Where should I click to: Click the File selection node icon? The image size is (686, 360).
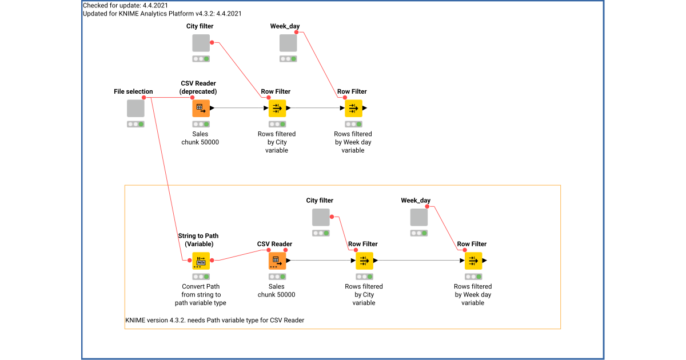click(x=135, y=108)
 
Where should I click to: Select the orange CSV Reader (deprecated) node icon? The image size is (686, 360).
click(x=201, y=108)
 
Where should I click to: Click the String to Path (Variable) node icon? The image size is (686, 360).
click(x=201, y=261)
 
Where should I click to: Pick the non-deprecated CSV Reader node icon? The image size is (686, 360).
click(x=277, y=261)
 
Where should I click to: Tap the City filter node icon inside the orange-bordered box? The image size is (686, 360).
click(x=321, y=217)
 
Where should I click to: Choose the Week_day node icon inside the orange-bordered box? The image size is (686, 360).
click(x=419, y=217)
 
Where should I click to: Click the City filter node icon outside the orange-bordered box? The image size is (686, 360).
click(x=201, y=43)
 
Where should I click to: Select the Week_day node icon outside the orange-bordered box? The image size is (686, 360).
click(x=288, y=43)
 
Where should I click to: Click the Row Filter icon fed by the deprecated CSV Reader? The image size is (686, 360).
click(x=277, y=108)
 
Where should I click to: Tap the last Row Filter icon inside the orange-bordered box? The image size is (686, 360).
click(x=473, y=261)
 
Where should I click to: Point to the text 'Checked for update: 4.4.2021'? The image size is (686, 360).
click(x=117, y=6)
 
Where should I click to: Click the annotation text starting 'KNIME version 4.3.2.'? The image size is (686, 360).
click(x=214, y=321)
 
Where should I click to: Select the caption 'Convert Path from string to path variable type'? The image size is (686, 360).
click(x=201, y=295)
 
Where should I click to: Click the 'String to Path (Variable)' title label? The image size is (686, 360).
click(x=198, y=239)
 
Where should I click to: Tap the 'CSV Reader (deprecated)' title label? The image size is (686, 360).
click(x=198, y=87)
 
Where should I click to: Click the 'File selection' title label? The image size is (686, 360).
click(x=133, y=91)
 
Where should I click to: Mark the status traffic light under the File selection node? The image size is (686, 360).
click(x=135, y=124)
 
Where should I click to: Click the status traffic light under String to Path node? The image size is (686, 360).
click(x=201, y=277)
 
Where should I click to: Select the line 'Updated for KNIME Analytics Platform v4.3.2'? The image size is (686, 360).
click(x=162, y=14)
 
